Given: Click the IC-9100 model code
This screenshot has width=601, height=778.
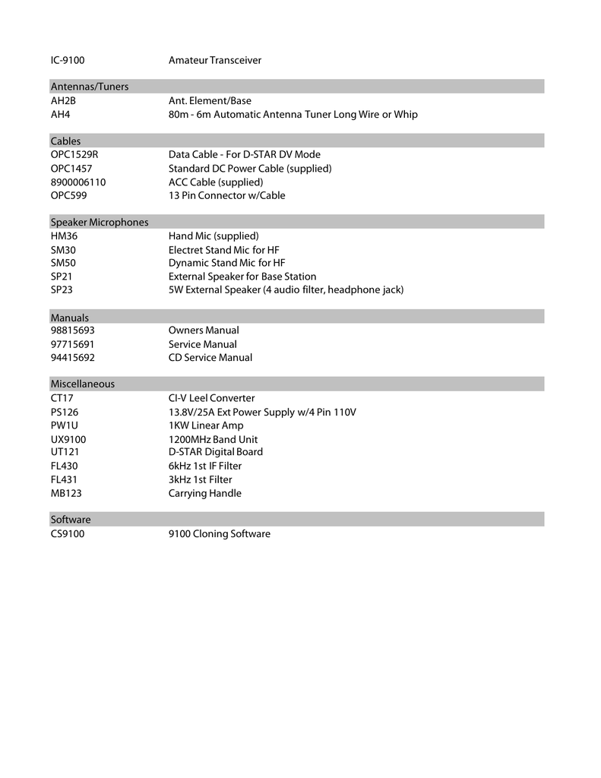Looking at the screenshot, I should point(68,60).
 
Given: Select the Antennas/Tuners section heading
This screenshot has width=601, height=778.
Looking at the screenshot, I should point(90,87).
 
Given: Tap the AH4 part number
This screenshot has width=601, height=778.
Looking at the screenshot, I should point(61,115).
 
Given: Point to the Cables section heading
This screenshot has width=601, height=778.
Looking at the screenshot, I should point(65,141).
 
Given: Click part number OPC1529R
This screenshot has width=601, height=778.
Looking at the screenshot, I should point(74,154).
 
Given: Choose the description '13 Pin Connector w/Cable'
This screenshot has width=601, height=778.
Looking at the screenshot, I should point(226,195).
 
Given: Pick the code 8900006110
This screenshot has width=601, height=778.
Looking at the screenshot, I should point(78,182).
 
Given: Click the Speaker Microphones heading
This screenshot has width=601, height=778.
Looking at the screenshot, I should point(100,223).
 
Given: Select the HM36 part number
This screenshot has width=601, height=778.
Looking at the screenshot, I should point(65,236).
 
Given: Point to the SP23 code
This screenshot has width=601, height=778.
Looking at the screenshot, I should point(62,289).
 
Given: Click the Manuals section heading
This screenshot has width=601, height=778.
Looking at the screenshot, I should point(70,318).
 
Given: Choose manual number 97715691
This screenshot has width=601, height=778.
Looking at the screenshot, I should point(73,344).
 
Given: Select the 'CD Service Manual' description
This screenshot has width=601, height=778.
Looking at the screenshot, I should point(210,357).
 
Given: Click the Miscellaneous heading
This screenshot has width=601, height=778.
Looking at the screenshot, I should point(83,384).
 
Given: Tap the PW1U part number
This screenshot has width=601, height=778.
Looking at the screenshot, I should point(65,425).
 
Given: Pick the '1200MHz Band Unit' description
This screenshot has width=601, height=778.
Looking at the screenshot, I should point(213,439).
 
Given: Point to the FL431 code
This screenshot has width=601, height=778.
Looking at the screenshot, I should point(64,479).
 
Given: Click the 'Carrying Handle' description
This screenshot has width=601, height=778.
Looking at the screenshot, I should point(205,493).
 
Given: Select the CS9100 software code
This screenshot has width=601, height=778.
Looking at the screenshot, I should point(68,534).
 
